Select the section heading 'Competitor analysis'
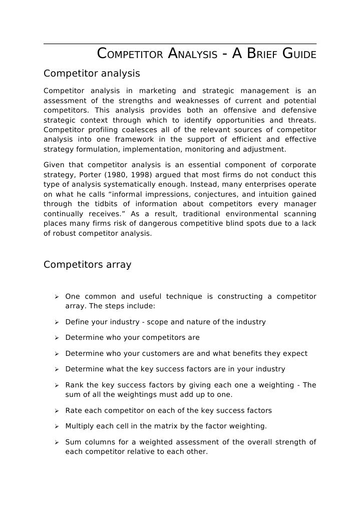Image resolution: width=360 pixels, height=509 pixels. coord(92,74)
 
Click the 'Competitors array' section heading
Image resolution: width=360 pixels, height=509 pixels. coord(88,265)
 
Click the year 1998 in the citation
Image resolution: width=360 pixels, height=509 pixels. coord(144,175)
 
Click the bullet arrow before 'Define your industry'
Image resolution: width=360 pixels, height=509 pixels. coord(57,322)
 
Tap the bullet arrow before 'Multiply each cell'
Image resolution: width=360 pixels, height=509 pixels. coord(57,426)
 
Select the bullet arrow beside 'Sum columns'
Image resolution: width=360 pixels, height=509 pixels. coord(57,442)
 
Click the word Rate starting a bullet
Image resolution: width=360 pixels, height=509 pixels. coord(74,410)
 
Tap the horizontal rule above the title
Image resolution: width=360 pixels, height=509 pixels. coord(180,44)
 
